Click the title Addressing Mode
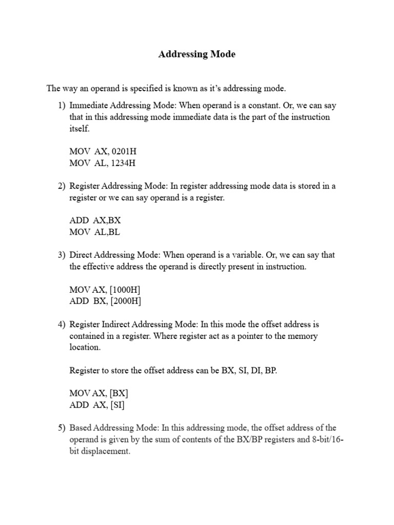196,54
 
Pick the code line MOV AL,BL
95,231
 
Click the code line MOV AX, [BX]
98,393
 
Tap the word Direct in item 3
81,255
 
